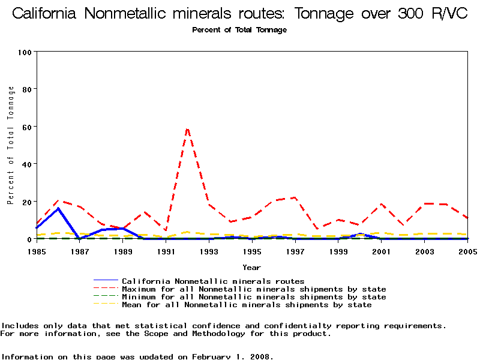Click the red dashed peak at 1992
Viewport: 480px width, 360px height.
(x=187, y=128)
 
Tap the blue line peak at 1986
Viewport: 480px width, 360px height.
(x=58, y=208)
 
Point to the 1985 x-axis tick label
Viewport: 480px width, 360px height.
(x=37, y=251)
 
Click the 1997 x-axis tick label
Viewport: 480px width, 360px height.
(x=295, y=251)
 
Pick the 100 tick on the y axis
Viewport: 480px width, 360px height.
(x=24, y=52)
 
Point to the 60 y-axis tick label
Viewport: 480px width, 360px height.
(x=26, y=127)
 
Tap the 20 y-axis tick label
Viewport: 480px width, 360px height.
(x=26, y=202)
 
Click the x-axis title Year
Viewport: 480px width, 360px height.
(x=251, y=267)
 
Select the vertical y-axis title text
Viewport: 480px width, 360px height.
(x=11, y=145)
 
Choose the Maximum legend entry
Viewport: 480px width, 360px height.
(x=254, y=289)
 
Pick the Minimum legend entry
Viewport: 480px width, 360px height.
(x=254, y=297)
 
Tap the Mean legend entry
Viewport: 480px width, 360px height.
(x=247, y=305)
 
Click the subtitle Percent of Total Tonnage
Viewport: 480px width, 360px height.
(x=239, y=30)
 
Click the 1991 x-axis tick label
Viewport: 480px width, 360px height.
(x=166, y=251)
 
